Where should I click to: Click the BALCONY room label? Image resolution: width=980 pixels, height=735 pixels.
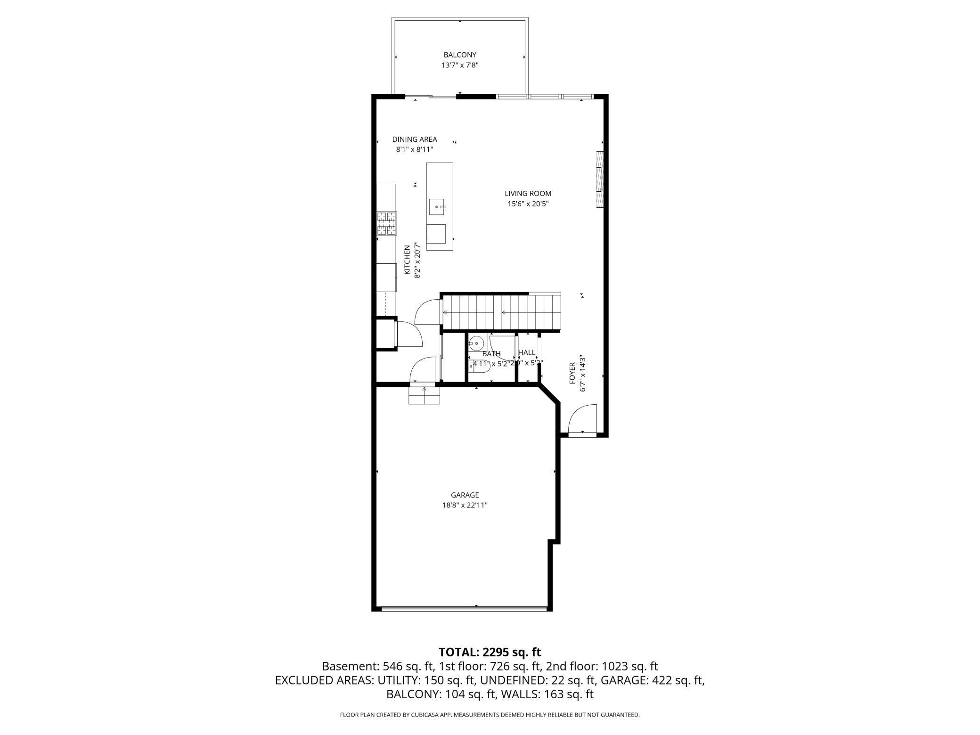(x=460, y=55)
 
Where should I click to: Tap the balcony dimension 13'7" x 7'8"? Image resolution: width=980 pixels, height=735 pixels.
(x=460, y=65)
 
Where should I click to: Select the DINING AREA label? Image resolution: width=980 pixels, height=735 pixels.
(x=415, y=139)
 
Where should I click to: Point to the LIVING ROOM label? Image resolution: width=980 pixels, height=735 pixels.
(x=528, y=193)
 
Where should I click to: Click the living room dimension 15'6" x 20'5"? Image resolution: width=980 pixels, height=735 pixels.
(x=528, y=204)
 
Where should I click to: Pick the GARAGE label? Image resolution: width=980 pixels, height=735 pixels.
(x=465, y=495)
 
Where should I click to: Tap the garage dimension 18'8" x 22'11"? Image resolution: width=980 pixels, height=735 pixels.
(x=465, y=505)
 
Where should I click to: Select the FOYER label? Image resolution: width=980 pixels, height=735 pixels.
(x=572, y=373)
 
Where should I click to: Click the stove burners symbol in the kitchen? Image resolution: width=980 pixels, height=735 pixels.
(x=386, y=224)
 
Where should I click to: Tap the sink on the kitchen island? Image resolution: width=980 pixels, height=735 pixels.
(x=437, y=206)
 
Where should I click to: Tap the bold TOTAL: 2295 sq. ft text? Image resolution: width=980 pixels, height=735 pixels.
(x=490, y=652)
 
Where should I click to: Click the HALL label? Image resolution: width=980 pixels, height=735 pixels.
(x=527, y=352)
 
